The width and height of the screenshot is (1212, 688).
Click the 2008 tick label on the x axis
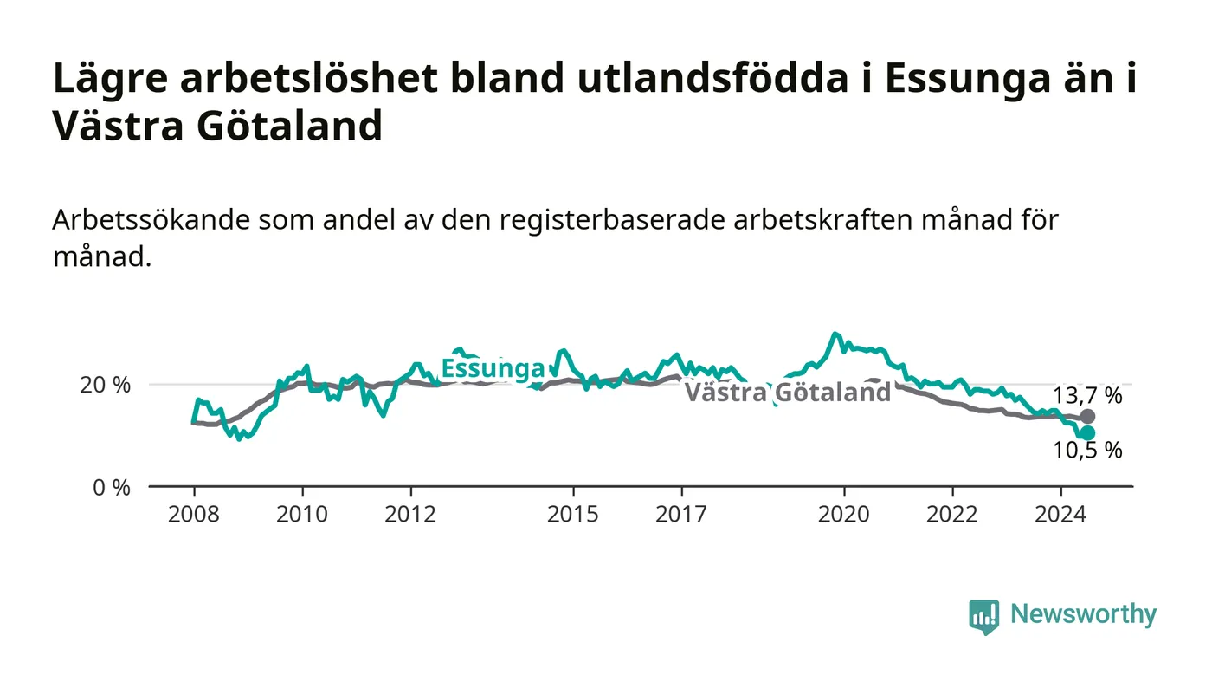[x=194, y=514]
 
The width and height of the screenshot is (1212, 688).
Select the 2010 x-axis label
[x=302, y=514]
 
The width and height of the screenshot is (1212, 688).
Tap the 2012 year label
[x=410, y=514]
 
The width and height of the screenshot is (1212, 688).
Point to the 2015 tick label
[x=573, y=514]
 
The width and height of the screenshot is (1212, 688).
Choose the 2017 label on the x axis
[x=681, y=514]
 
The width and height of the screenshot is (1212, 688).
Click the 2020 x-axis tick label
[x=843, y=514]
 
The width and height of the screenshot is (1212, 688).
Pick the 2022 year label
[x=952, y=514]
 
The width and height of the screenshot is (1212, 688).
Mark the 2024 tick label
[x=1060, y=514]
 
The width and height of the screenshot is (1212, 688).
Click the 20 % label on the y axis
[x=105, y=386]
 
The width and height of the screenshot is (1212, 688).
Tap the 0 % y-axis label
[x=112, y=488]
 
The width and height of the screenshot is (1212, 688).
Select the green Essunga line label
[x=493, y=368]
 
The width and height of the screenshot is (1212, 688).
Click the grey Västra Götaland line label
[x=788, y=392]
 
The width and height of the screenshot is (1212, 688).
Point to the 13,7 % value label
[x=1087, y=396]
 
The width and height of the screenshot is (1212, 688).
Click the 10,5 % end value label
[x=1087, y=451]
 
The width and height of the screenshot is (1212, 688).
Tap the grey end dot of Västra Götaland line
[x=1087, y=417]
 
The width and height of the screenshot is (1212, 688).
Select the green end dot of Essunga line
[x=1087, y=433]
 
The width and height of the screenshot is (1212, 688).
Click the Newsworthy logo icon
[x=983, y=616]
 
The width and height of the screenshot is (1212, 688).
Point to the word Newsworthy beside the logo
[x=1083, y=614]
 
